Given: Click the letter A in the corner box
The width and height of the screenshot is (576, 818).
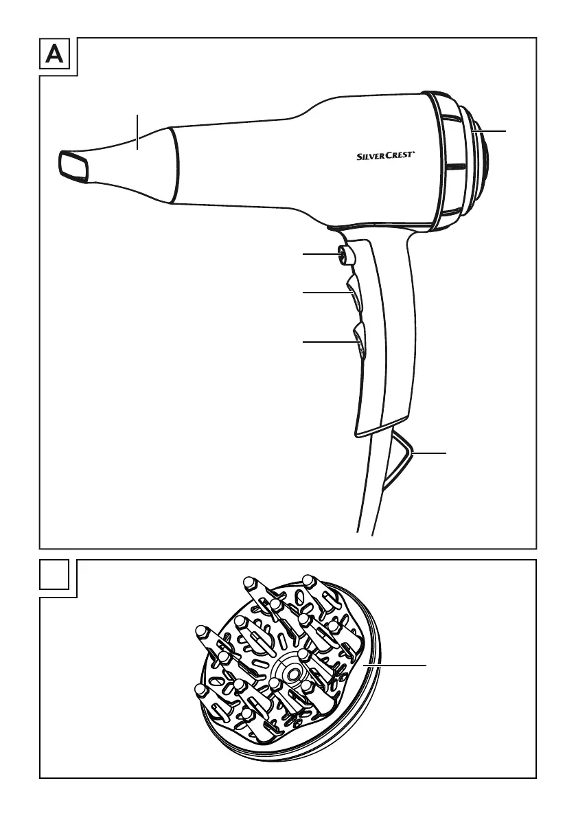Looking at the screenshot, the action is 54,56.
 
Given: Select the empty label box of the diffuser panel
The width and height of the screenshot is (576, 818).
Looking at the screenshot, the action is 54,575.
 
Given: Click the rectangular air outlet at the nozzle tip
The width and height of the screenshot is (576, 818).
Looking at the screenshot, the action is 74,165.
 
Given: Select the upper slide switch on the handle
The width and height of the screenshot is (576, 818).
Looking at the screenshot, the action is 354,293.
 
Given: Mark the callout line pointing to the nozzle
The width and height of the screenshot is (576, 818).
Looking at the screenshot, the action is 137,132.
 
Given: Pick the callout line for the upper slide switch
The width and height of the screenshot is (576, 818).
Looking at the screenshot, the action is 325,293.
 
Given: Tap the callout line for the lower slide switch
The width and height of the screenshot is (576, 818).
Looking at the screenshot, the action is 328,341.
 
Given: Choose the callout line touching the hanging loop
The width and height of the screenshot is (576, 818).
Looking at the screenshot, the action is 430,453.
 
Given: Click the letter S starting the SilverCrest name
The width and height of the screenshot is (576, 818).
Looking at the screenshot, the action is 360,156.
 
